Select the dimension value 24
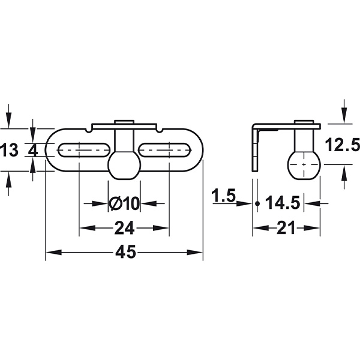tap(124, 228)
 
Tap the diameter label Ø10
tap(124, 204)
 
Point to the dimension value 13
tap(10, 150)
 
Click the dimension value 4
tap(33, 150)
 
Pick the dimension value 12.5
tap(343, 145)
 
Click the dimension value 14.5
tap(282, 203)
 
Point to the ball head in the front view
tap(124, 164)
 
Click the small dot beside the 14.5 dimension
tap(257, 203)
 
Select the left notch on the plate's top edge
tap(90, 128)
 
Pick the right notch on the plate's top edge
tap(158, 128)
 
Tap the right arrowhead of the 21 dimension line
tap(319, 228)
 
